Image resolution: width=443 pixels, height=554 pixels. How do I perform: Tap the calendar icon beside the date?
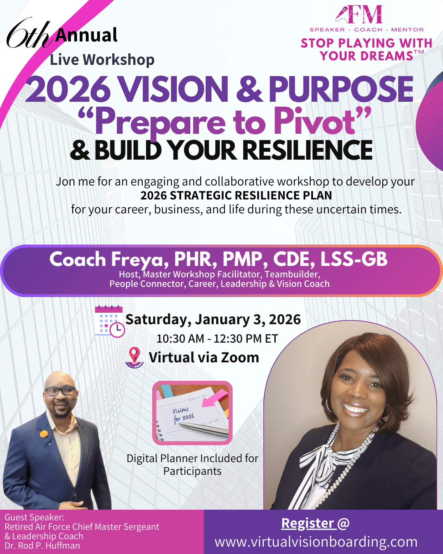[x=109, y=321]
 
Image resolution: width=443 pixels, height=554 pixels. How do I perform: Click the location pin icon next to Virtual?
[x=135, y=357]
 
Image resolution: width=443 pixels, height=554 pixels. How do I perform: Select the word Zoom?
[x=240, y=357]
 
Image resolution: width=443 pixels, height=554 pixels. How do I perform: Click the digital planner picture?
[x=192, y=413]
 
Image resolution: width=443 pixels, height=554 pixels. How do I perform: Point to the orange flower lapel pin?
[x=43, y=433]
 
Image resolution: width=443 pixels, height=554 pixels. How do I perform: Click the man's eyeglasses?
[x=60, y=391]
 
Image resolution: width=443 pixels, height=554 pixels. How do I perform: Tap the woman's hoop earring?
[x=329, y=405]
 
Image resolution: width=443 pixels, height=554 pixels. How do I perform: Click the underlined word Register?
[x=308, y=523]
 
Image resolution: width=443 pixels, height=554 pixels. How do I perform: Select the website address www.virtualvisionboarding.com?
[x=316, y=542]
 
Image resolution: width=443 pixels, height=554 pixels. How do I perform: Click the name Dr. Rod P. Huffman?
[x=42, y=546]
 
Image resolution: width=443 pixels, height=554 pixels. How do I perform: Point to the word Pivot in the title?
[x=315, y=122]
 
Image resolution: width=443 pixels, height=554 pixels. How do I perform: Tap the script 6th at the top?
[x=28, y=35]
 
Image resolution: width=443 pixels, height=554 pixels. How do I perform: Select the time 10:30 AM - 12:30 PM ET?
[x=217, y=339]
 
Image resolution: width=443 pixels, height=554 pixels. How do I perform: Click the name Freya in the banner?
[x=137, y=259]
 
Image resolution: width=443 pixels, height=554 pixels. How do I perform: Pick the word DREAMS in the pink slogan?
[x=366, y=56]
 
